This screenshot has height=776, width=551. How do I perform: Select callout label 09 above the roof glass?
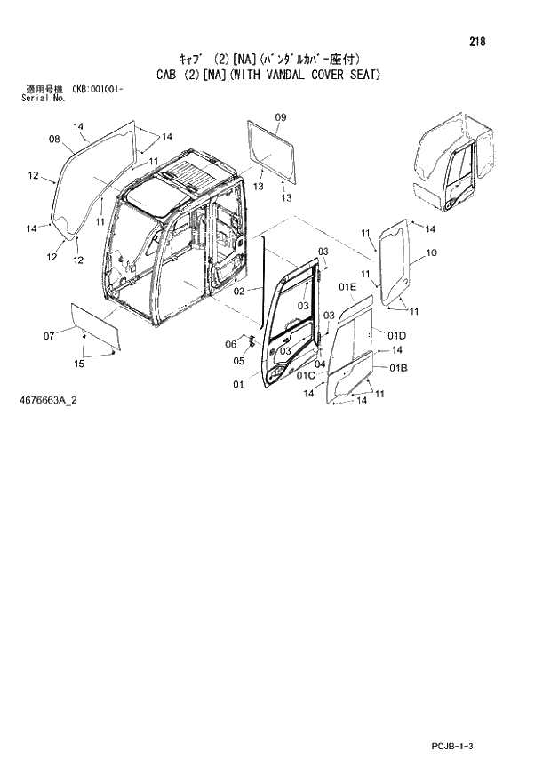click(x=280, y=117)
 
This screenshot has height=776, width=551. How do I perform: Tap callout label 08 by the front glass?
click(x=54, y=139)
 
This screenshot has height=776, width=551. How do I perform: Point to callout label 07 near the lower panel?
click(x=49, y=335)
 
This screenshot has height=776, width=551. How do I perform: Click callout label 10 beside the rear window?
click(x=432, y=253)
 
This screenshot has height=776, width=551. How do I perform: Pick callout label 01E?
click(x=347, y=286)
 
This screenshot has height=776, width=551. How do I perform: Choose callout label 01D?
click(x=396, y=335)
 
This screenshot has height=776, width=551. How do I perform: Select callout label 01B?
click(x=396, y=367)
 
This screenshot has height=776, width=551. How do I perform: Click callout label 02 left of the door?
click(x=240, y=292)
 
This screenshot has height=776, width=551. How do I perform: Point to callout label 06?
click(x=229, y=345)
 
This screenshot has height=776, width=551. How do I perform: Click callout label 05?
click(x=239, y=361)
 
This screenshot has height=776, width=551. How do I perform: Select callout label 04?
click(x=319, y=364)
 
